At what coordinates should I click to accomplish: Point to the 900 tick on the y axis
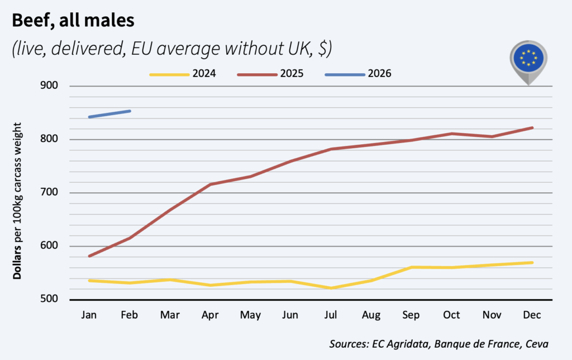pos(51,86)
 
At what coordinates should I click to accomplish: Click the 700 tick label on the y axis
pos(51,193)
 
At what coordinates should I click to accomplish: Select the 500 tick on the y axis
pos(51,300)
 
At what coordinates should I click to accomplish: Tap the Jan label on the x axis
pos(89,315)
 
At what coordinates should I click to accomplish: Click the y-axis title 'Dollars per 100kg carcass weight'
pos(18,193)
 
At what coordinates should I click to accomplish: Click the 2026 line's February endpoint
pos(130,111)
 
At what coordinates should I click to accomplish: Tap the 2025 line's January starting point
pos(89,256)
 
